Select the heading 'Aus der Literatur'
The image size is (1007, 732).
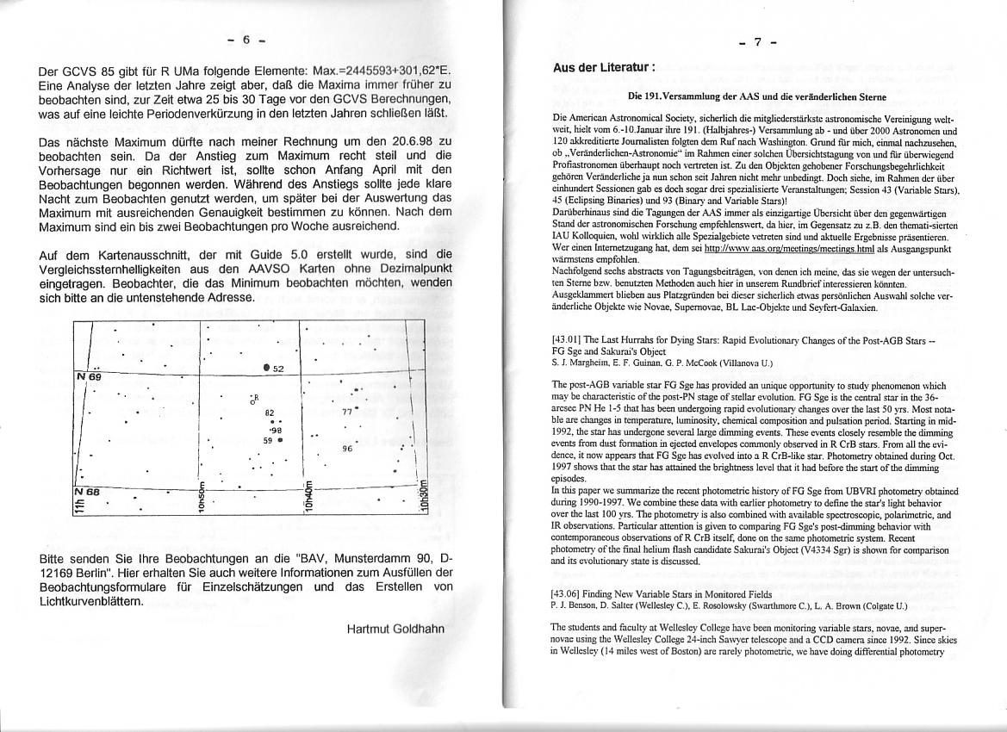pyautogui.click(x=604, y=67)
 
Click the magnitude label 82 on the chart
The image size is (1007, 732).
pyautogui.click(x=270, y=413)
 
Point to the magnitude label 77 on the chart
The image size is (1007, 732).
pyautogui.click(x=347, y=412)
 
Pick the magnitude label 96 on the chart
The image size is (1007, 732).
pyautogui.click(x=348, y=449)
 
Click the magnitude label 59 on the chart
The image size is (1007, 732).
pyautogui.click(x=268, y=439)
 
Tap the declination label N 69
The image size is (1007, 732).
pyautogui.click(x=89, y=377)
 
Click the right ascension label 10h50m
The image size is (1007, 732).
pyautogui.click(x=200, y=497)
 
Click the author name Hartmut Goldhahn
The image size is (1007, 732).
pyautogui.click(x=395, y=629)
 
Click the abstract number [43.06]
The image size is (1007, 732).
pyautogui.click(x=568, y=593)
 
